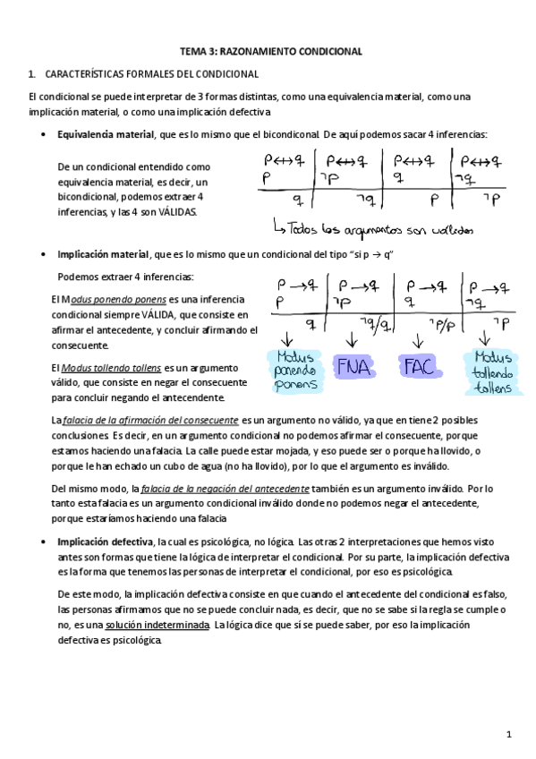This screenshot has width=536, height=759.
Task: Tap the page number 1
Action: click(x=507, y=735)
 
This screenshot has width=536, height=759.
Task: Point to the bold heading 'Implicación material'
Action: click(x=103, y=254)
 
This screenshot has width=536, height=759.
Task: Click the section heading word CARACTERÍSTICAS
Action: click(x=83, y=73)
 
